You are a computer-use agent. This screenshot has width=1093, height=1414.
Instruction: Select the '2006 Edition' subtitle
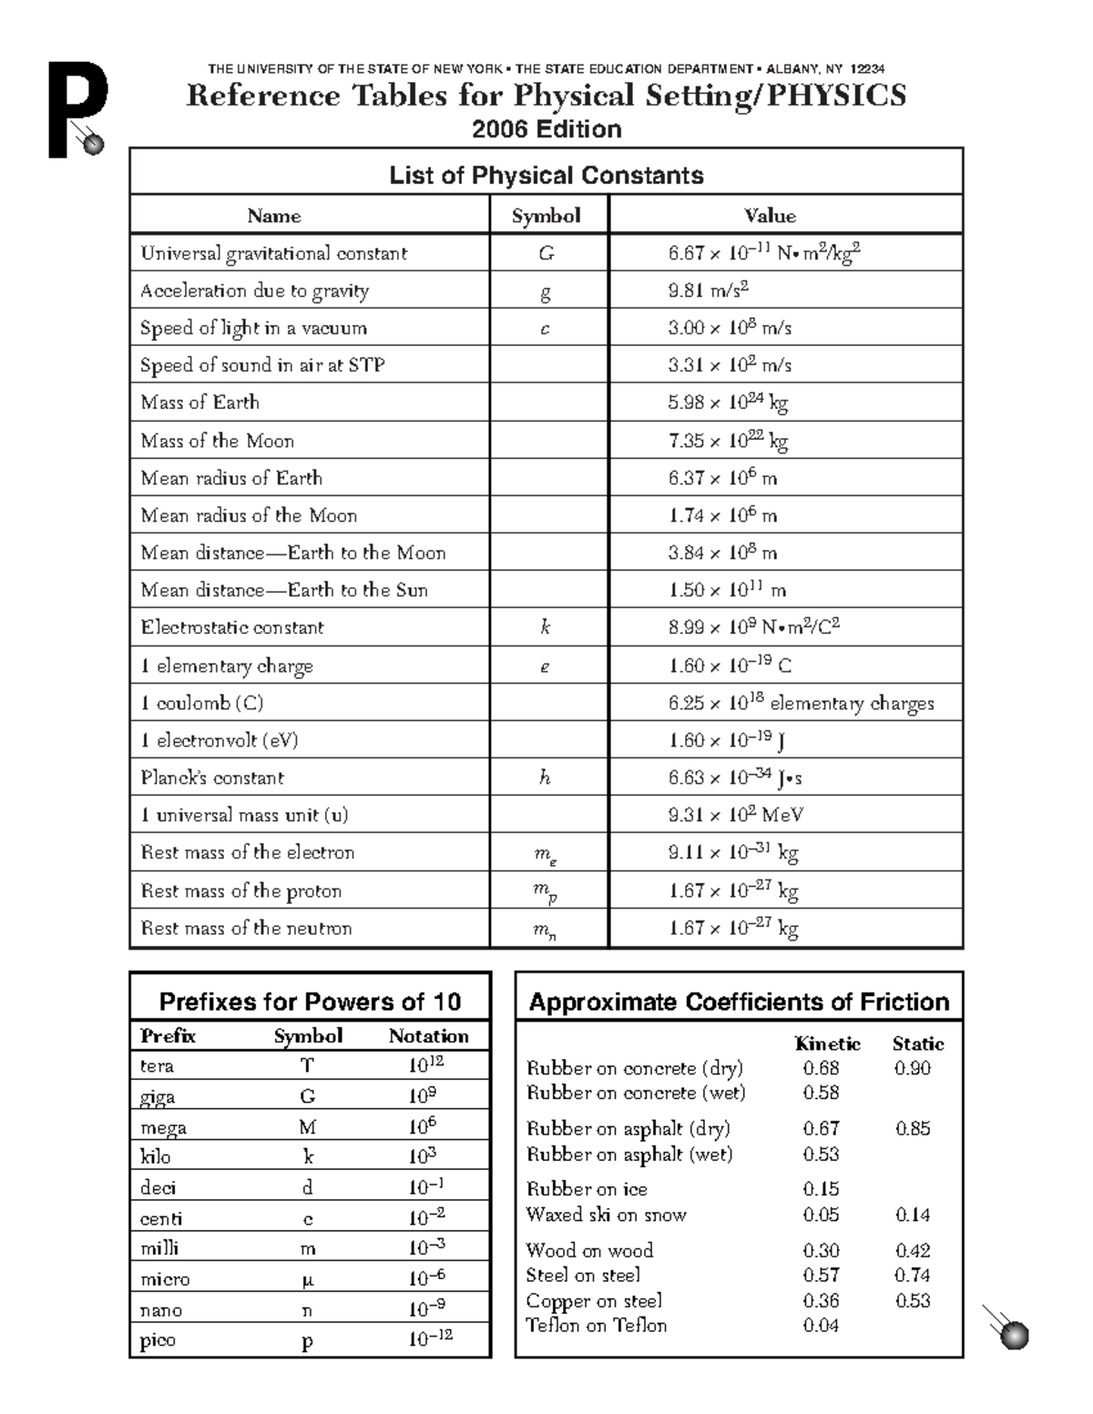[x=546, y=129]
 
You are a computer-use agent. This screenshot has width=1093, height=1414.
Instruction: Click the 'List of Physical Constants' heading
[x=546, y=175]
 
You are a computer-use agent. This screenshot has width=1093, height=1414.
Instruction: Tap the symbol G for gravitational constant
[x=546, y=253]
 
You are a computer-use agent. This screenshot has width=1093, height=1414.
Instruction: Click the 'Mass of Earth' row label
[x=199, y=402]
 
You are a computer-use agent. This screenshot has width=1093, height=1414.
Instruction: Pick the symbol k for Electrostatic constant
[x=545, y=627]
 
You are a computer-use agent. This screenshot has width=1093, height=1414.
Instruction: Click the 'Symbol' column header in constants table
[x=546, y=216]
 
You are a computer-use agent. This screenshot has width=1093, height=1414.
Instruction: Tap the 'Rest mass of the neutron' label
[x=246, y=928]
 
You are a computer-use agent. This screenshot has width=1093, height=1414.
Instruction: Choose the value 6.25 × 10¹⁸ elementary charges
[x=801, y=703]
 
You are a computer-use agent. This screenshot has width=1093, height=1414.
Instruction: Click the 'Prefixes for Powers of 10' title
[x=310, y=1002]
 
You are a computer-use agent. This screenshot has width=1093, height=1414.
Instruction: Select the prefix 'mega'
[x=163, y=1128]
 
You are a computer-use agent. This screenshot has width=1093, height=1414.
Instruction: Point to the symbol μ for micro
[x=307, y=1278]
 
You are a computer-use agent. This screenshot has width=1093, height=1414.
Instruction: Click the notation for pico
[x=430, y=1338]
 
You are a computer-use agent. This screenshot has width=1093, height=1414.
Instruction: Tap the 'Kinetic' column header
[x=827, y=1043]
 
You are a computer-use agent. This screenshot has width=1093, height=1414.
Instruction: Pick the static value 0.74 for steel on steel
[x=912, y=1275]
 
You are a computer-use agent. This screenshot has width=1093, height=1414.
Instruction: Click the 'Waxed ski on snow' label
[x=606, y=1215]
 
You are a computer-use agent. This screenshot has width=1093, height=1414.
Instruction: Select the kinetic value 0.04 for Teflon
[x=821, y=1326]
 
